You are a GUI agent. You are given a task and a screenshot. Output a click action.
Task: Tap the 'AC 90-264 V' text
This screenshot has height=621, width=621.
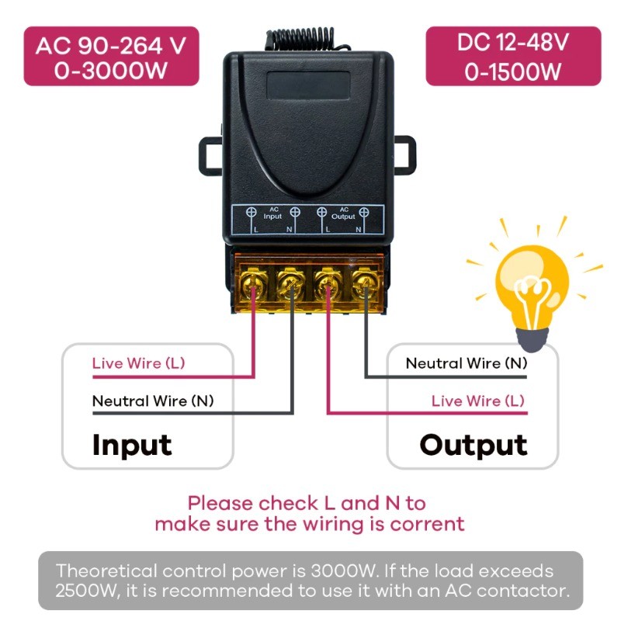click(111, 44)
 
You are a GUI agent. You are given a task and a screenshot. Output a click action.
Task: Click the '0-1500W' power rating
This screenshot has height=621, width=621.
click(513, 71)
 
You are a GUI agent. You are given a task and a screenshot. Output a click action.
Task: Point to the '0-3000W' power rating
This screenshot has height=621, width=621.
click(111, 71)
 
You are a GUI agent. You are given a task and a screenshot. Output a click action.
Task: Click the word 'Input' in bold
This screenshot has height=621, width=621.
click(131, 446)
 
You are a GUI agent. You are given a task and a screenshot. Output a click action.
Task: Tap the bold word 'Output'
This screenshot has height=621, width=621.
click(473, 446)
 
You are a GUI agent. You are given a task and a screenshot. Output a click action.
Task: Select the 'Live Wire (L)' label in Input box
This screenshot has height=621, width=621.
click(138, 363)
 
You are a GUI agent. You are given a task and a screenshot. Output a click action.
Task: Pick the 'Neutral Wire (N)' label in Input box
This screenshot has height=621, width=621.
click(152, 401)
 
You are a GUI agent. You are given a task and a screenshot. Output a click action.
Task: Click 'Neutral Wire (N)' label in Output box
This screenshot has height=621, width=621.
click(466, 363)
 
